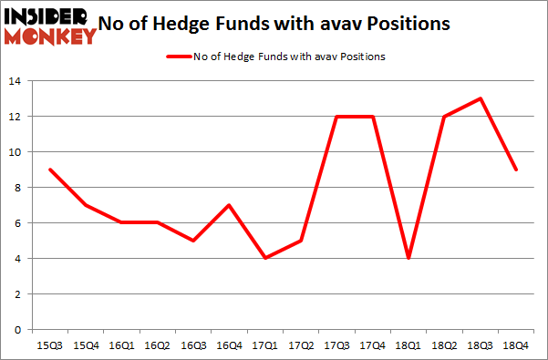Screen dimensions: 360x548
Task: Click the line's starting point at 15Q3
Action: pyautogui.click(x=50, y=170)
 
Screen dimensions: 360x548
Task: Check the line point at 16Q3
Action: pyautogui.click(x=192, y=241)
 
